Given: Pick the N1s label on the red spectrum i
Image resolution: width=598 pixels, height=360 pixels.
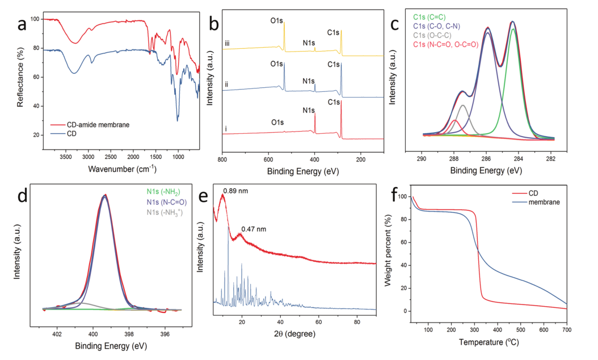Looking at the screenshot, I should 309,109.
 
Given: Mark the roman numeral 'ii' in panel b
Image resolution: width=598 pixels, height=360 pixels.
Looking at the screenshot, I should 227,84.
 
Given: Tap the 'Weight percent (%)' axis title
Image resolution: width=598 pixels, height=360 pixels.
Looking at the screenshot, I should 391,253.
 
